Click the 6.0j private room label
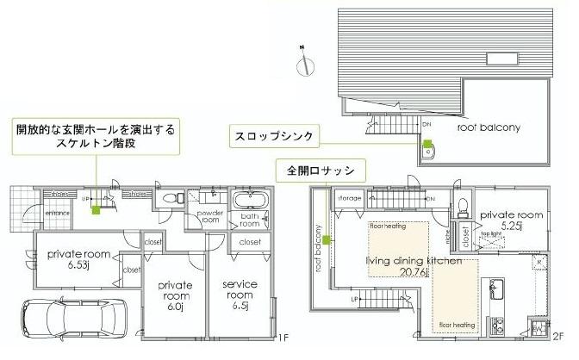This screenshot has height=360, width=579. point(175,291)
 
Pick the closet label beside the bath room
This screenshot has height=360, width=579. point(250,242)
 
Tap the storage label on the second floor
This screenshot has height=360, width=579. point(349,198)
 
